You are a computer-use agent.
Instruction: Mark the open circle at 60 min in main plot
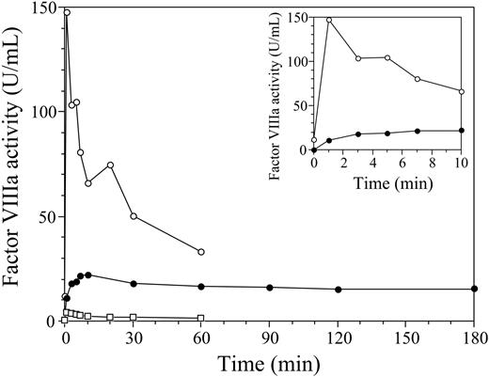point(201,252)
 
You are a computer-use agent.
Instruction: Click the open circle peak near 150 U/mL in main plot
point(66,12)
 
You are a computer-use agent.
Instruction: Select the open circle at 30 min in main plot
point(134,216)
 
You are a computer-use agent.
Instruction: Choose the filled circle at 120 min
point(339,289)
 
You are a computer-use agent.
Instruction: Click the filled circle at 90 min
point(270,287)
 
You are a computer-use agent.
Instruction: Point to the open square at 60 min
point(201,318)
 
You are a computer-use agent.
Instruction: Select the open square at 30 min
point(134,317)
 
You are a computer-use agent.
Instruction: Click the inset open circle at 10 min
point(462,91)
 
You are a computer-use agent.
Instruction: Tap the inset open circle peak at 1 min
point(329,20)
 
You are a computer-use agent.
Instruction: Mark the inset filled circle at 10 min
point(462,130)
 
